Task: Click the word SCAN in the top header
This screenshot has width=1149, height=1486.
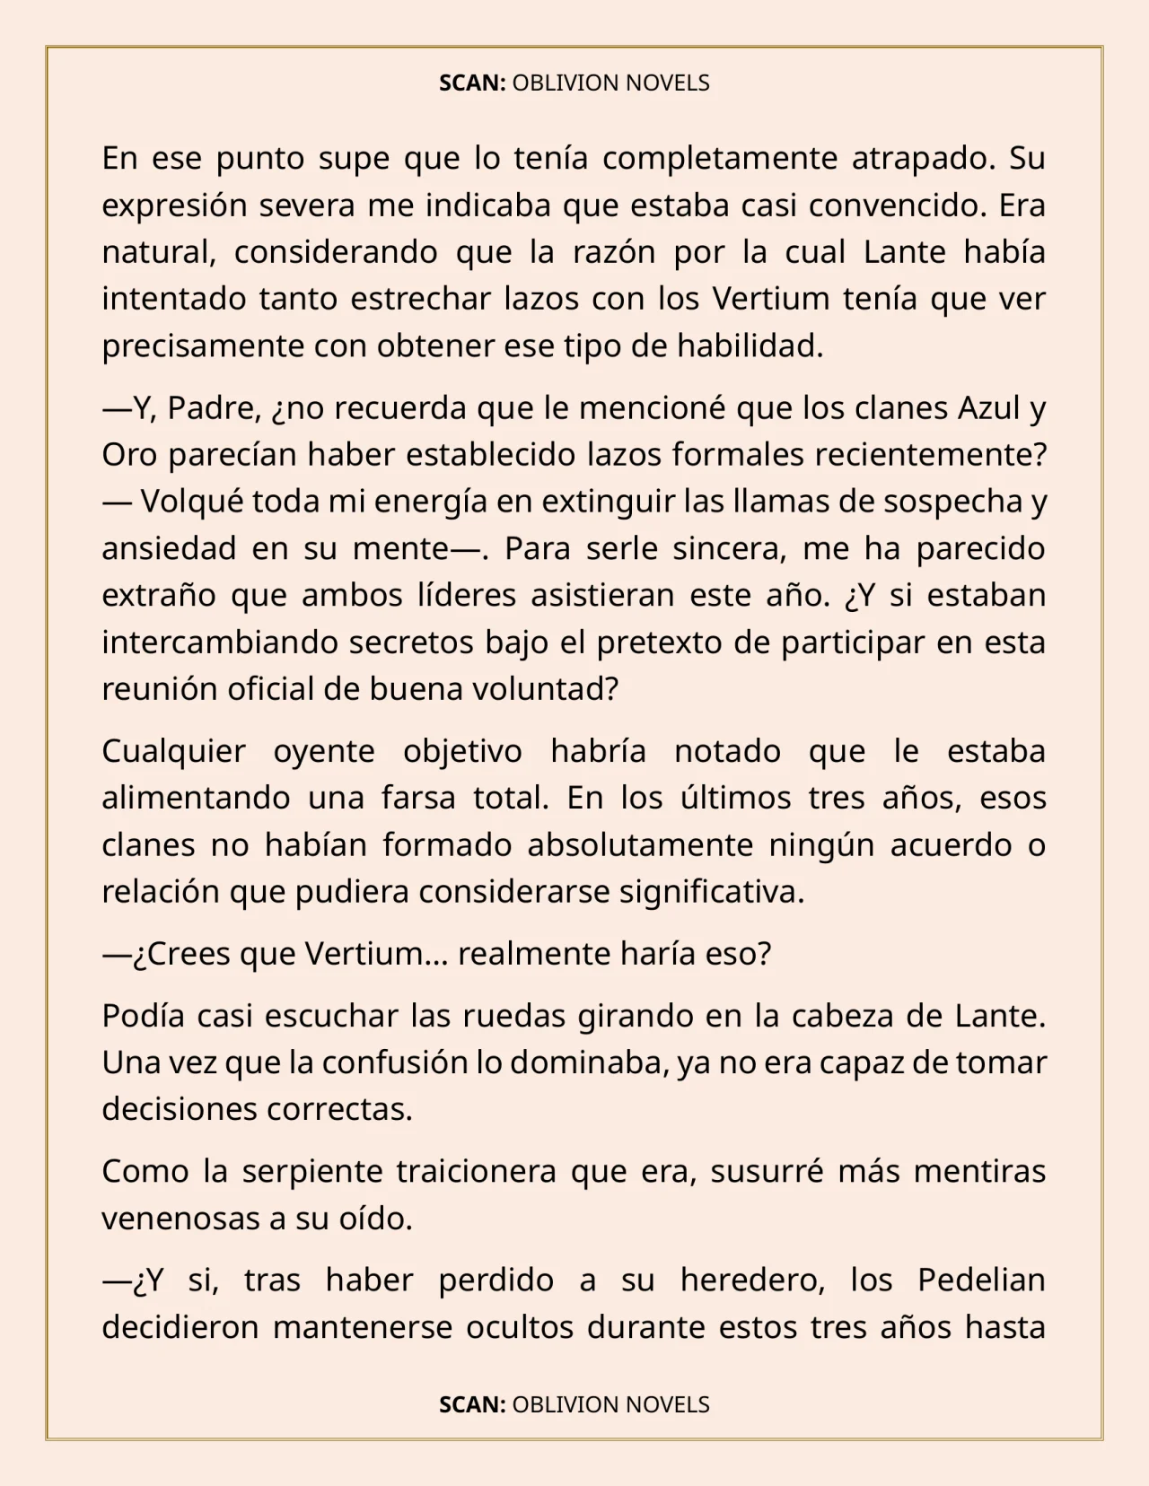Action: click(x=471, y=83)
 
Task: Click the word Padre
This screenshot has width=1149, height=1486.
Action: click(x=215, y=408)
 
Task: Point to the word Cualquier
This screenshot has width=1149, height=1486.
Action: click(x=173, y=751)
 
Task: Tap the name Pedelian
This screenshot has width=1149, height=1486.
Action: click(x=981, y=1281)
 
